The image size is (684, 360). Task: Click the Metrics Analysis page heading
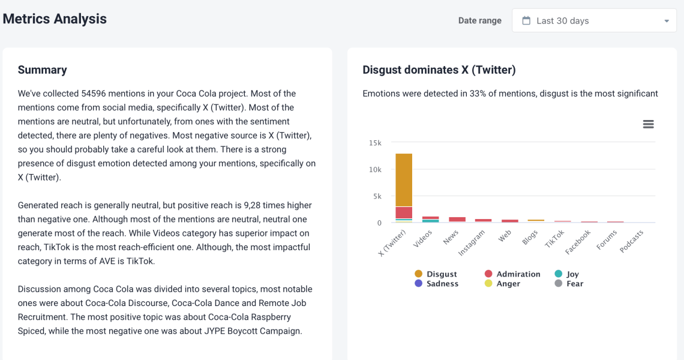tap(55, 19)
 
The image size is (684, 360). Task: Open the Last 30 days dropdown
tap(594, 20)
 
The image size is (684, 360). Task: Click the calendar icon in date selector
tap(526, 20)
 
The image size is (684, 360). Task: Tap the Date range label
tap(479, 20)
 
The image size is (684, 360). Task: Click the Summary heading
tap(42, 70)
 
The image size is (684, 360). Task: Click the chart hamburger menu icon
tap(648, 124)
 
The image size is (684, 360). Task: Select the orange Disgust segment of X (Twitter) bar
tap(404, 180)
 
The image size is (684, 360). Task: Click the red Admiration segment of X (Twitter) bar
tap(404, 212)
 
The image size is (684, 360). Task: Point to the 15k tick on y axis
tap(375, 143)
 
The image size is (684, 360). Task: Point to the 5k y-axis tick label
tap(376, 196)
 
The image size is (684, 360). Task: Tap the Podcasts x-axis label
tap(632, 241)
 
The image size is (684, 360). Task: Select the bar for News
tap(457, 220)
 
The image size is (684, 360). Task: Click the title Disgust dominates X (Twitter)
tap(439, 70)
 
